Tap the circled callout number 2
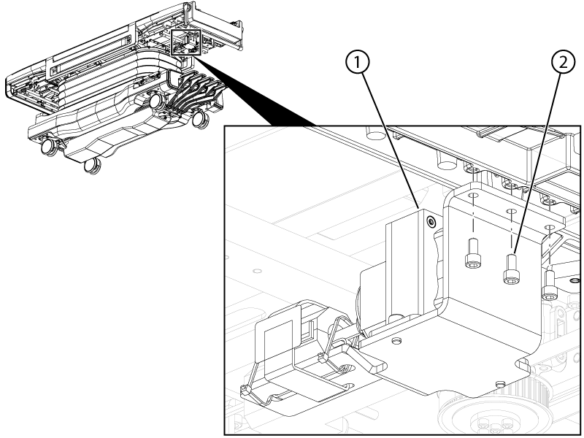coord(561,64)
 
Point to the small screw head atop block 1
coord(431,220)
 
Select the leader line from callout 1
coord(388,139)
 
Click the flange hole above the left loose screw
coord(472,197)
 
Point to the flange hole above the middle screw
coord(510,212)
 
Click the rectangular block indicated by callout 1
coord(408,263)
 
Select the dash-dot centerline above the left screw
coord(472,219)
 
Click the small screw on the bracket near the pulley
coord(499,383)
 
